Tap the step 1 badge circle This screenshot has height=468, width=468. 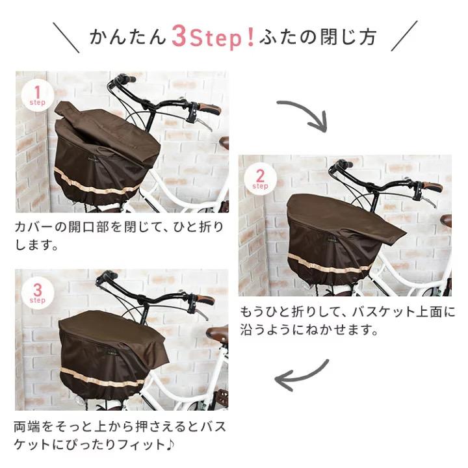37,95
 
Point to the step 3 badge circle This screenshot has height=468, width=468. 37,292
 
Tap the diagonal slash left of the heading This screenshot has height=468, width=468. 66,38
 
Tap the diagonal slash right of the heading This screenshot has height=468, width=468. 404,38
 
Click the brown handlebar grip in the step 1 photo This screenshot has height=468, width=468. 209,109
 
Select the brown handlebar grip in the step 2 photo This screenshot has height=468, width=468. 431,187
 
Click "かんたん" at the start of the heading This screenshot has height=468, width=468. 127,37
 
